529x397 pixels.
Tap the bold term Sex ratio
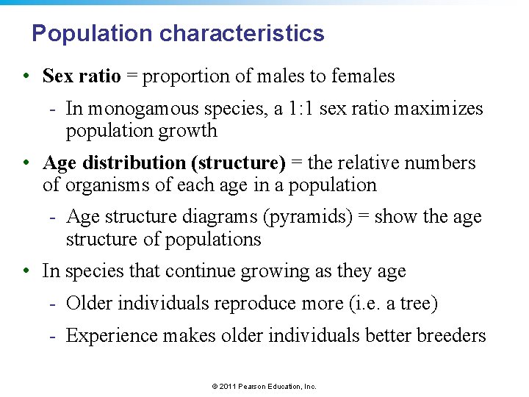(x=81, y=76)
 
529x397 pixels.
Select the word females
(x=363, y=76)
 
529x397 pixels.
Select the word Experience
(x=112, y=335)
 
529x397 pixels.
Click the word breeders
(x=451, y=335)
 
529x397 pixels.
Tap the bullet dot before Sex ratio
(x=26, y=76)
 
